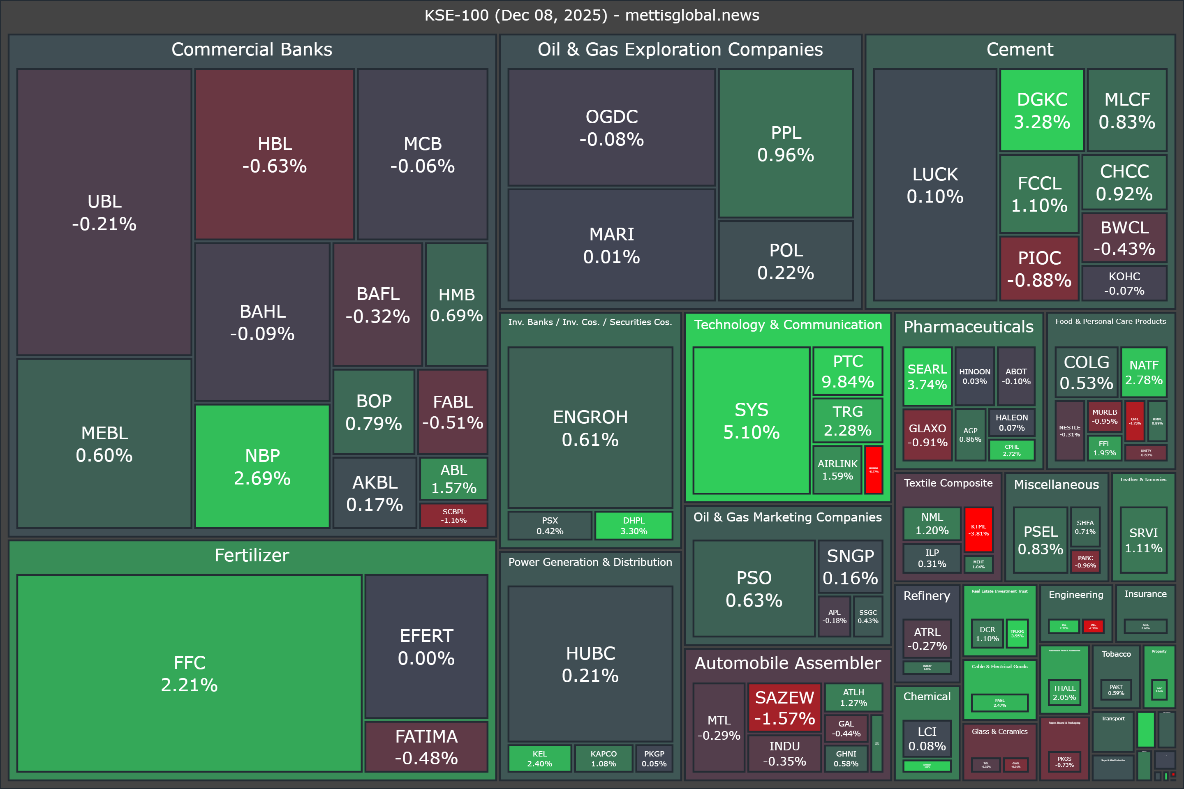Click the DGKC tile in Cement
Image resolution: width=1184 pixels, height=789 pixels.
[x=1041, y=110]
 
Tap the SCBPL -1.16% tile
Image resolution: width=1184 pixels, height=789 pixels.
[x=453, y=516]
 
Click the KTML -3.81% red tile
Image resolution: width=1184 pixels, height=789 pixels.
[x=978, y=530]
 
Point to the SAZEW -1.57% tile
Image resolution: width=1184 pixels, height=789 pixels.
[x=784, y=708]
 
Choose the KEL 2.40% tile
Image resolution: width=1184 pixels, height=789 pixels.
[x=540, y=758]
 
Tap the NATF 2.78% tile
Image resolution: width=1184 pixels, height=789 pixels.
[x=1144, y=372]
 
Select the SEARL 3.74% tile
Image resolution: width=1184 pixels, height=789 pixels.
[x=927, y=376]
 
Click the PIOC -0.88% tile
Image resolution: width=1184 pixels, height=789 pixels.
[x=1039, y=269]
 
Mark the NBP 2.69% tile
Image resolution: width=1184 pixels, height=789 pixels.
[x=262, y=466]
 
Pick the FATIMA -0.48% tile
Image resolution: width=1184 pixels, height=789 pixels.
[x=426, y=747]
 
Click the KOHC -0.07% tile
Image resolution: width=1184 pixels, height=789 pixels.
[x=1124, y=283]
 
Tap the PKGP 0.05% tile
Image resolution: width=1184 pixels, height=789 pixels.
[x=654, y=758]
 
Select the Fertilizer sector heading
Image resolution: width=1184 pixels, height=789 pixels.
[x=252, y=555]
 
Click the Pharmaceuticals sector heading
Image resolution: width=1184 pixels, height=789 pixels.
[x=968, y=327]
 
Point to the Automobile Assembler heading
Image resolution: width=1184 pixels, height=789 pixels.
[x=788, y=663]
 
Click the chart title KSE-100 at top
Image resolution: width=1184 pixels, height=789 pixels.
[x=592, y=15]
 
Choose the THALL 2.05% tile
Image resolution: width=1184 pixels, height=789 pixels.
[x=1064, y=692]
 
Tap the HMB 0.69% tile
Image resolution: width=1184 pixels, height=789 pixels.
[x=456, y=305]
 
